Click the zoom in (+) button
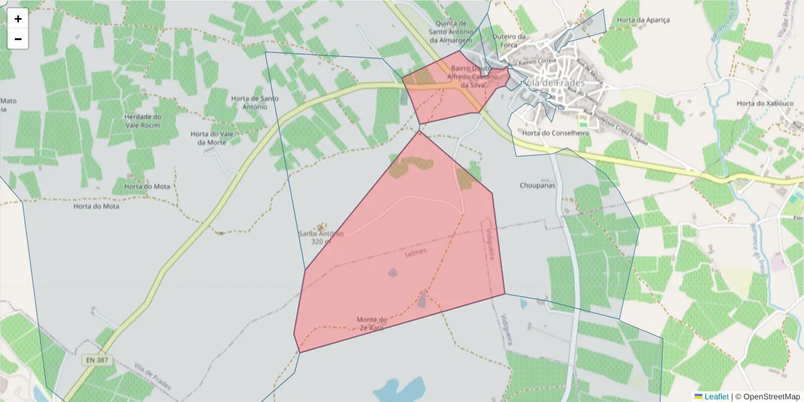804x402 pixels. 18,19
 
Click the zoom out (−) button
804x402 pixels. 18,39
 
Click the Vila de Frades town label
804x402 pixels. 555,82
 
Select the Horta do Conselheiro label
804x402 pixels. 555,133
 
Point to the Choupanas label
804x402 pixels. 537,185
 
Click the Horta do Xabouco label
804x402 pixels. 764,104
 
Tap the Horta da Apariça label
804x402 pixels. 643,20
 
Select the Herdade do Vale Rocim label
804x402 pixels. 143,121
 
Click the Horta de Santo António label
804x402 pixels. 254,103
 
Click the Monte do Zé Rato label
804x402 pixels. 372,324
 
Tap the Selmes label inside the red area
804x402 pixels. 415,252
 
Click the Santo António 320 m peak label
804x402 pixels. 321,237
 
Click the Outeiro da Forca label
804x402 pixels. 508,42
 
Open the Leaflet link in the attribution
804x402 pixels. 716,397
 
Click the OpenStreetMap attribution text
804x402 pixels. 767,397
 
